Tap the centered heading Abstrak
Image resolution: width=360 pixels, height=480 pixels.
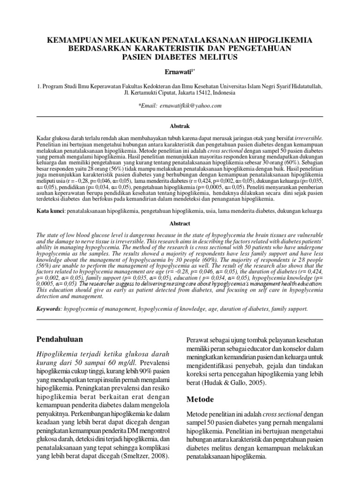pyautogui.click(x=180, y=126)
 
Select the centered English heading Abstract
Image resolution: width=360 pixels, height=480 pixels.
pyautogui.click(x=180, y=224)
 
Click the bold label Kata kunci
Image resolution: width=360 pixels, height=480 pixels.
pyautogui.click(x=51, y=212)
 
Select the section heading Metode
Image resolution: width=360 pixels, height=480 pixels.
pyautogui.click(x=200, y=399)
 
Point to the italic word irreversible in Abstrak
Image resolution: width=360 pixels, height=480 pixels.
pyautogui.click(x=307, y=139)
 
